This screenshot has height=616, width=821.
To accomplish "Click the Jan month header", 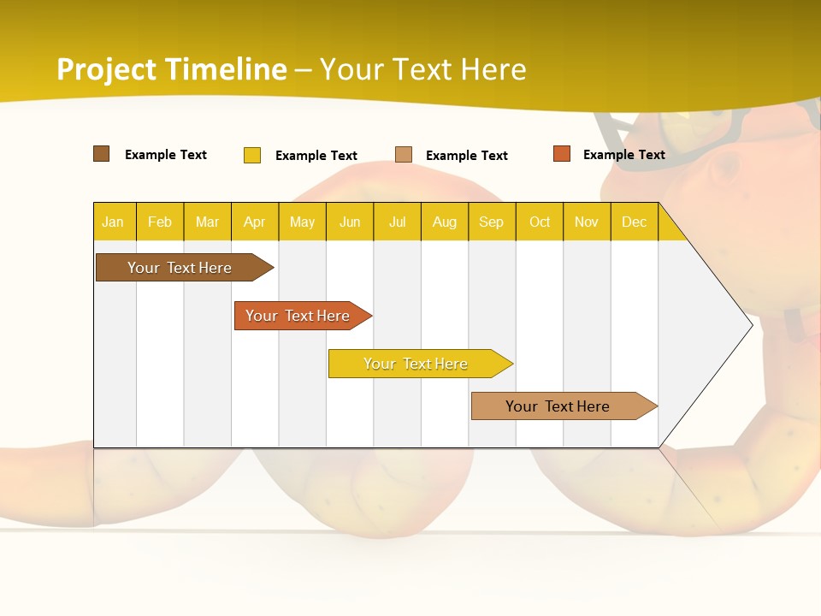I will click(x=113, y=222).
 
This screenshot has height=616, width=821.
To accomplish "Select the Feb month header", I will click(x=160, y=222).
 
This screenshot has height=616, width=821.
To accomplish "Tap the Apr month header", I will click(x=254, y=222).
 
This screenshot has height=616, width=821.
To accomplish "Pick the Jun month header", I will click(x=350, y=222).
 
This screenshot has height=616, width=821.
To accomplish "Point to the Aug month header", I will click(x=444, y=222).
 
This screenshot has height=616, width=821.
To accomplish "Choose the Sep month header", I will click(x=491, y=222).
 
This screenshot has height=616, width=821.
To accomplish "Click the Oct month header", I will click(x=540, y=222).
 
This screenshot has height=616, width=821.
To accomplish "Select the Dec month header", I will click(x=634, y=222).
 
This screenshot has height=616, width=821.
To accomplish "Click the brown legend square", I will click(x=102, y=154).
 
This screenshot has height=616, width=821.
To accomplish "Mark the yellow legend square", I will click(x=252, y=155).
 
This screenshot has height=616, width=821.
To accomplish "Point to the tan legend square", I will click(x=404, y=155).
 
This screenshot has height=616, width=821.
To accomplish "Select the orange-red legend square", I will click(x=562, y=154).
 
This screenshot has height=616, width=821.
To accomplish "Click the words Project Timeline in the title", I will click(x=172, y=69).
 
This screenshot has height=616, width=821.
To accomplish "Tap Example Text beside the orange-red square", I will click(x=623, y=155).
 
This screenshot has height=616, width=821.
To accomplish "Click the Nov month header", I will click(x=587, y=222).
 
